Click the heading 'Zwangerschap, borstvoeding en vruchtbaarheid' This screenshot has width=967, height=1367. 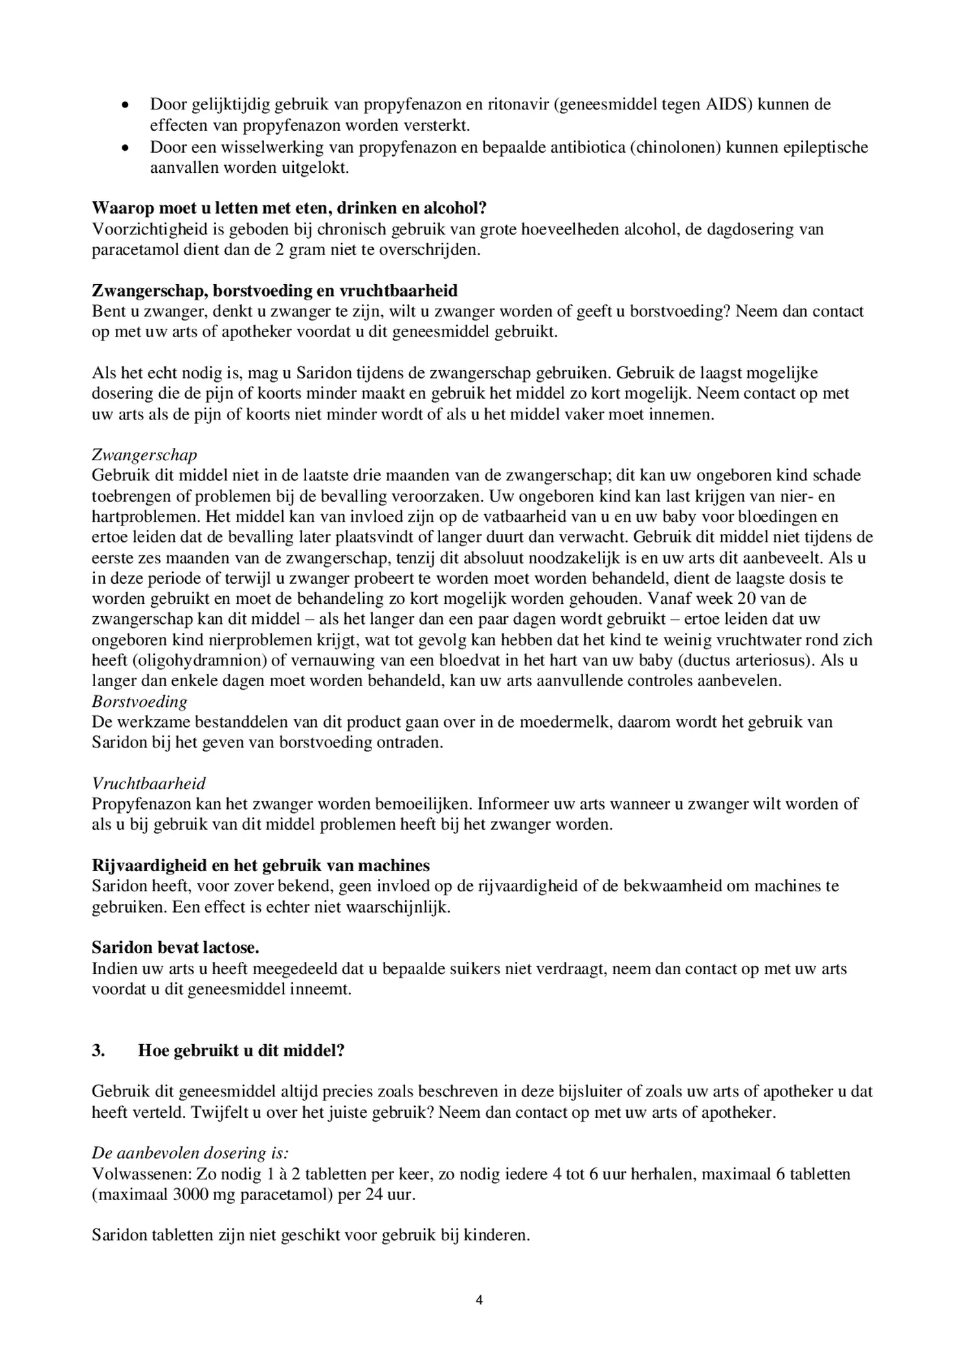pyautogui.click(x=274, y=291)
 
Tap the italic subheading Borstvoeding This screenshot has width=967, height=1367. pyautogui.click(x=139, y=702)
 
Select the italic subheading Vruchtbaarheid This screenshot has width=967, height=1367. pyautogui.click(x=148, y=784)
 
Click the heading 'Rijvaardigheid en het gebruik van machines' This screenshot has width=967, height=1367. pyautogui.click(x=261, y=866)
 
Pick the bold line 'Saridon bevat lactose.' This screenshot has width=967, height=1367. pyautogui.click(x=175, y=948)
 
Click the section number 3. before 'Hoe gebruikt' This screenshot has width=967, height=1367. pyautogui.click(x=98, y=1050)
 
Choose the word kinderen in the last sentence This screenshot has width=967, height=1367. pyautogui.click(x=500, y=1236)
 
